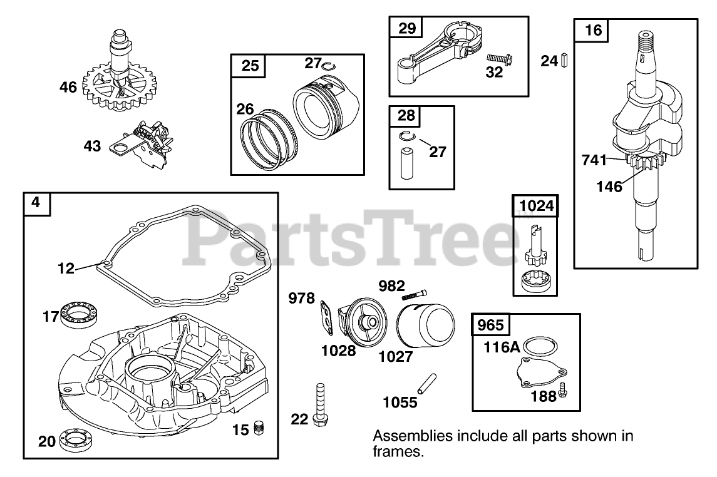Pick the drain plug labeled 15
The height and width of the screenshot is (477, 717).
(x=258, y=429)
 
